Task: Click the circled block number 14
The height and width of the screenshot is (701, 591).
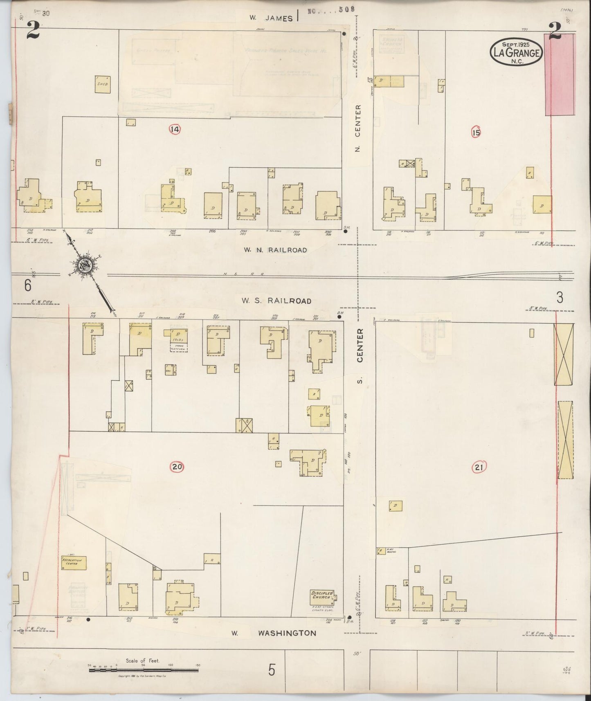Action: pos(175,130)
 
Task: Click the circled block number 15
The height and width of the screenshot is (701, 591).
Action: pos(476,133)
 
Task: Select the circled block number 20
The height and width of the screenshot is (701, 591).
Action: pos(177,467)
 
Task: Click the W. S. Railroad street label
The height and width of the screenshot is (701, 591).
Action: pos(276,301)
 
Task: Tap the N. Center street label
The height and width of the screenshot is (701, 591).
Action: pos(358,128)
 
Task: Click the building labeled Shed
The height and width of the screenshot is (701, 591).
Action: pos(102,84)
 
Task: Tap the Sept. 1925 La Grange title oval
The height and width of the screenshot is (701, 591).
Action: pos(517,52)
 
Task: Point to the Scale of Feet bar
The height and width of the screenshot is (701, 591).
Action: pos(143,670)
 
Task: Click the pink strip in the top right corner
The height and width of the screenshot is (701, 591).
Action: pos(560,74)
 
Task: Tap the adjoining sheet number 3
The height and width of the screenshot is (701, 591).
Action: pos(560,297)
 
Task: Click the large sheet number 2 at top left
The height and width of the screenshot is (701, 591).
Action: pos(33,30)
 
